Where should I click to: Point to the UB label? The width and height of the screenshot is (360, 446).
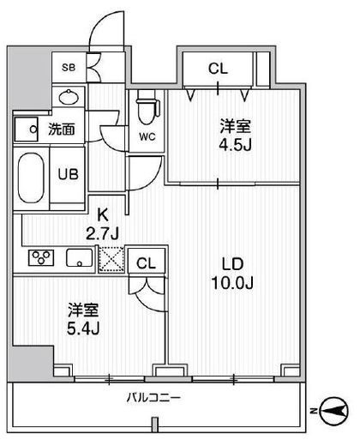click(x=68, y=172)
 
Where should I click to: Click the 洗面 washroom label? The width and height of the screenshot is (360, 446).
click(x=59, y=130)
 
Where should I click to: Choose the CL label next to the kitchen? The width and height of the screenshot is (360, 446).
click(x=147, y=263)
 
